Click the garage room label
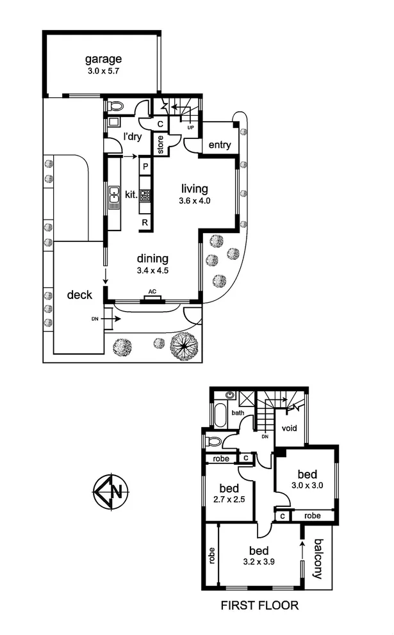coord(103,60)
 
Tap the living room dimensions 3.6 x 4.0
coord(195,200)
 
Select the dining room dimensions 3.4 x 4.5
coord(152,271)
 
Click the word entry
coord(220,145)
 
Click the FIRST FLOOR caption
coord(259,605)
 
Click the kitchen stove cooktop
coord(145,195)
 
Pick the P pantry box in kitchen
coord(145,166)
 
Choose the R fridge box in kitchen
coord(145,223)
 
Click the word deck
coord(79,295)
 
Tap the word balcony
coord(318,558)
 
